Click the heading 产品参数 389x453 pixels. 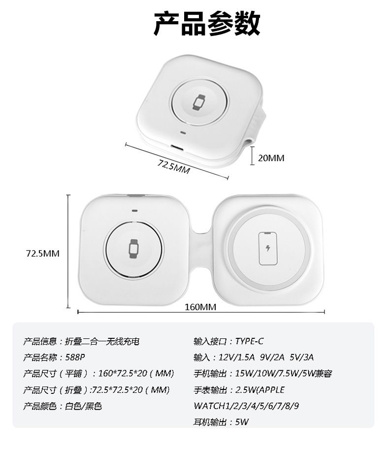(x=207, y=24)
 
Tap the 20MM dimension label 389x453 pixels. (x=271, y=158)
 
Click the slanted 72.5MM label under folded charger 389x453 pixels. (x=173, y=167)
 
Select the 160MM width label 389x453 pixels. (x=200, y=307)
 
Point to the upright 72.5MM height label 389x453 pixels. (x=43, y=254)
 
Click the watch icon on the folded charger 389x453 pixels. (x=199, y=102)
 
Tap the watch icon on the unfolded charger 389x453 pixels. (x=133, y=249)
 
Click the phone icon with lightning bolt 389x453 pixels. (x=268, y=249)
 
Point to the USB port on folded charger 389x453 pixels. (x=177, y=147)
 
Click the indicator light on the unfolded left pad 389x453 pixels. (x=134, y=210)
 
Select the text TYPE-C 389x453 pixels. (x=249, y=341)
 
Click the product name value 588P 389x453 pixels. (x=75, y=357)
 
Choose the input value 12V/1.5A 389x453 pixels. (x=236, y=357)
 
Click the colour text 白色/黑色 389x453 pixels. (x=83, y=406)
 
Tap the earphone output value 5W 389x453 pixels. (x=242, y=422)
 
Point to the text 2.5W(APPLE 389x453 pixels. (x=260, y=390)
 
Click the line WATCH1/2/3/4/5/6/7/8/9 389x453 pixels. (x=246, y=406)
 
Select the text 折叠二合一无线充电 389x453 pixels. (x=102, y=342)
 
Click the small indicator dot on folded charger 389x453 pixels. (x=182, y=133)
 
